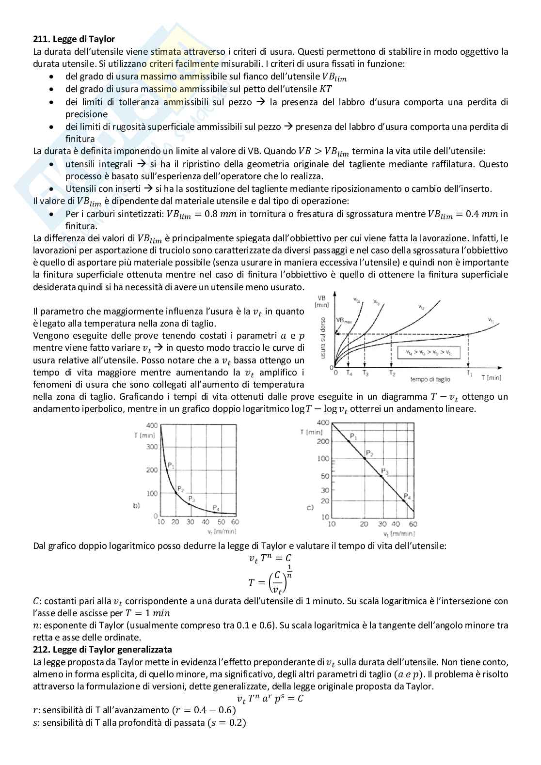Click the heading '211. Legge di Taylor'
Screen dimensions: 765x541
(x=74, y=39)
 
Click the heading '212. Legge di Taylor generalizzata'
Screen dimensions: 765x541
(x=102, y=649)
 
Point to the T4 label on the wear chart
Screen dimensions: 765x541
(x=350, y=373)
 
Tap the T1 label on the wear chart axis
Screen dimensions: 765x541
(x=469, y=373)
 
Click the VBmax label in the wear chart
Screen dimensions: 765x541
(x=344, y=321)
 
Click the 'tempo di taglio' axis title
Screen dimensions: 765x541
(x=430, y=379)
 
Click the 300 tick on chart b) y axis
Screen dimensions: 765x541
(x=152, y=447)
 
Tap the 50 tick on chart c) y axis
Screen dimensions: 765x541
(x=324, y=476)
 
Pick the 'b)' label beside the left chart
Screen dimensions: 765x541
(x=136, y=506)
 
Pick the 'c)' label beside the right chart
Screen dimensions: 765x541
(x=310, y=507)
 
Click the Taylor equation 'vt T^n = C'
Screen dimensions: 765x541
(x=270, y=558)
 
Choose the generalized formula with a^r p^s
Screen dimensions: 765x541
(x=270, y=699)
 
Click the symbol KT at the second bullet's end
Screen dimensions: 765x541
(x=326, y=89)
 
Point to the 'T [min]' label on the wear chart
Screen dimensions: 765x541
(x=491, y=377)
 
